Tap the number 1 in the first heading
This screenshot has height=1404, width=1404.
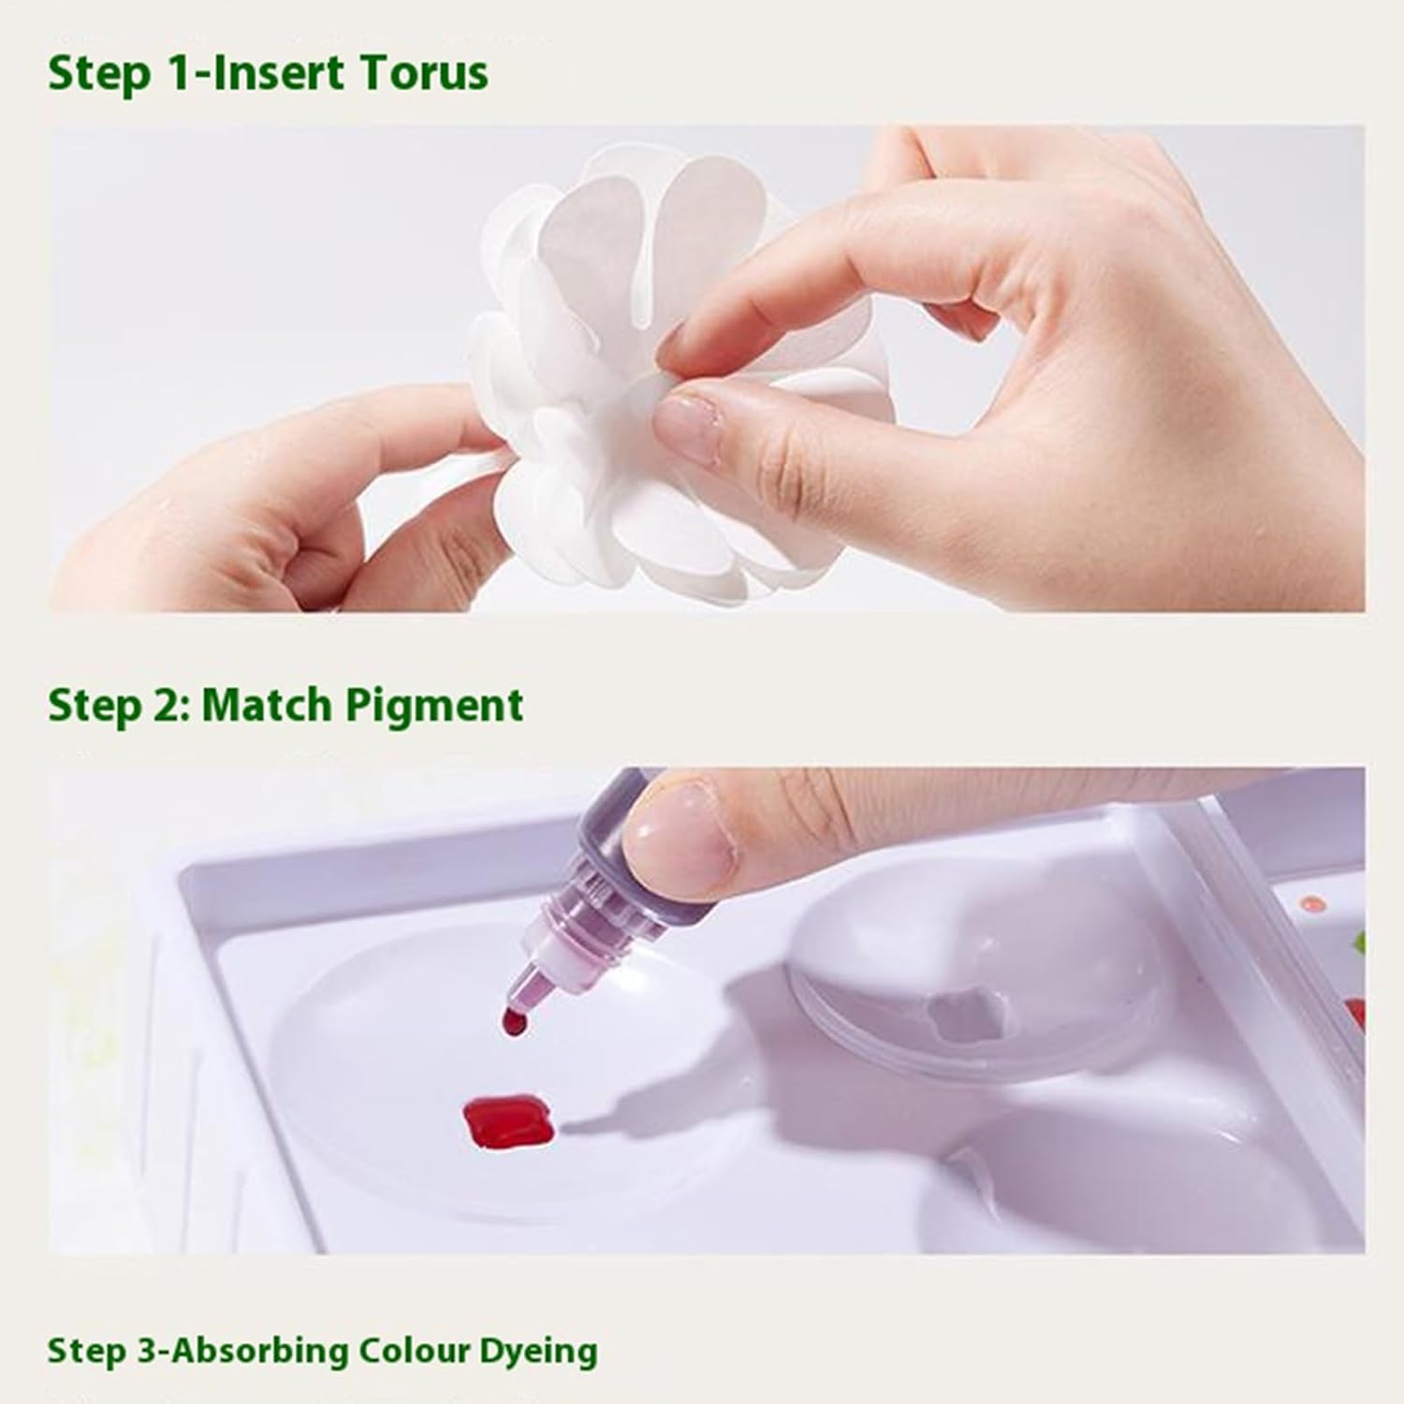(178, 72)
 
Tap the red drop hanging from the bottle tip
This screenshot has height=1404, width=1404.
(514, 1022)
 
